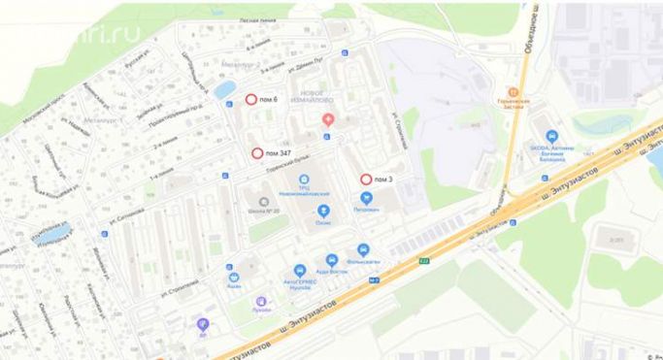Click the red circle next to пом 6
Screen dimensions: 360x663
point(250,99)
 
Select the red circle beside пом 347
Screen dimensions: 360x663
point(257,153)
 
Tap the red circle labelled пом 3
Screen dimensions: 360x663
point(366,180)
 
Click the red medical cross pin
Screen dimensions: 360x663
point(328,119)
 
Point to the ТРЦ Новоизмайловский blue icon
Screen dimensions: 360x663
point(304,179)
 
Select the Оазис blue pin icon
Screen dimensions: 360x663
point(323,211)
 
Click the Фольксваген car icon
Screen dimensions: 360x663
point(362,248)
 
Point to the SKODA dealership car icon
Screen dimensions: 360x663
point(552,136)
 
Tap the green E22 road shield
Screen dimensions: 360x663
point(423,260)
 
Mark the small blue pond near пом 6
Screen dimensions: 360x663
point(224,90)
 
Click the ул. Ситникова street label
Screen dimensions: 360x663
point(132,208)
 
